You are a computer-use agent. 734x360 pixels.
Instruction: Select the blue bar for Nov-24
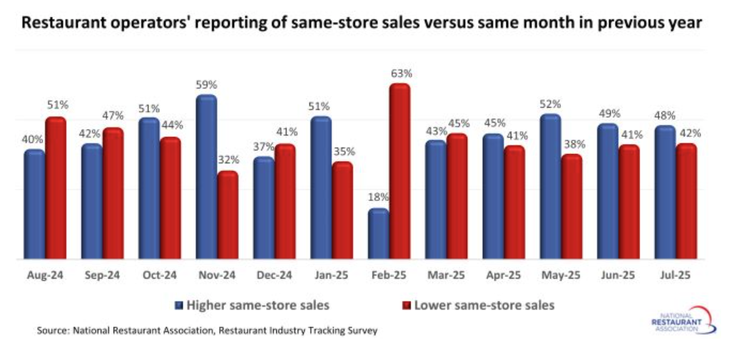point(206,178)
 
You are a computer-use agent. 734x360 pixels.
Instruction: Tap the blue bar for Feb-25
point(378,235)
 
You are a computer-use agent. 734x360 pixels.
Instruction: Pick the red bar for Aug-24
point(55,189)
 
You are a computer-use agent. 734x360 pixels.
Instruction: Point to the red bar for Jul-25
point(686,202)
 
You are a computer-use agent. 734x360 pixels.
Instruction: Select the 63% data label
point(402,73)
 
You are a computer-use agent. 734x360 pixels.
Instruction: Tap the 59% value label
point(205,85)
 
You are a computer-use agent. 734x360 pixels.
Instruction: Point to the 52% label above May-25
point(550,104)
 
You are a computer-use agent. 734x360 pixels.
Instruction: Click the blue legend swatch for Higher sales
point(178,305)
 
